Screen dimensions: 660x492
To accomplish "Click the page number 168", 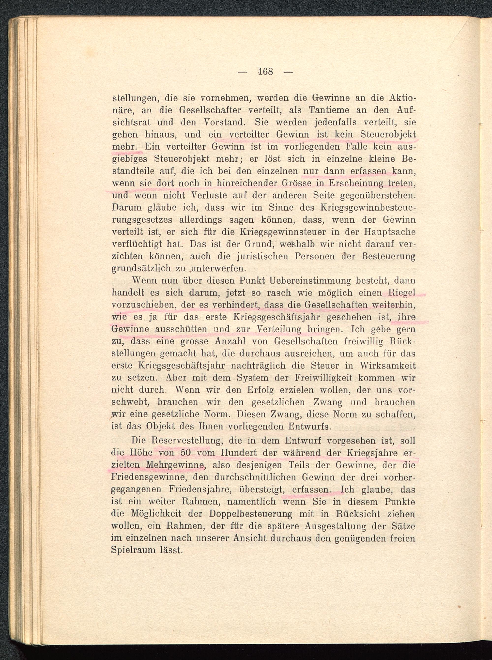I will pos(266,72).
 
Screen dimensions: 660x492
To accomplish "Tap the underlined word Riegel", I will pos(402,293).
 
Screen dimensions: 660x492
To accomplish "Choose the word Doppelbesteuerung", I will pos(250,514).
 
